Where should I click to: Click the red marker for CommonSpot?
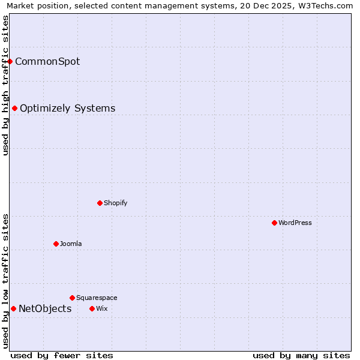10,61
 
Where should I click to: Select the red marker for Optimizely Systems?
15,108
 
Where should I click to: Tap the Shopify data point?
100,203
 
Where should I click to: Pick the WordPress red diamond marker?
274,223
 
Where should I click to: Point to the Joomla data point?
56,244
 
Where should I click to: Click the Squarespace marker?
72,298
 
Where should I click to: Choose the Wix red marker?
92,308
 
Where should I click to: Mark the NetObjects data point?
13,308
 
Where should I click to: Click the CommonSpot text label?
47,61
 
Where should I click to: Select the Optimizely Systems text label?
67,108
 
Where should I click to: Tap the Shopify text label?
115,203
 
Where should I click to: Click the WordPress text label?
295,223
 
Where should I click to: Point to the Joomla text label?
71,244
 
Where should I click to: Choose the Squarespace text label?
97,298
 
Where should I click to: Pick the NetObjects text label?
45,308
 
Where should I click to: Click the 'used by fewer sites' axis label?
62,355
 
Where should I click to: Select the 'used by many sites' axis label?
301,355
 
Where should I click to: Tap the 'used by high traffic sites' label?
5,85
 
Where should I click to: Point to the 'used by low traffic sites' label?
5,281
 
